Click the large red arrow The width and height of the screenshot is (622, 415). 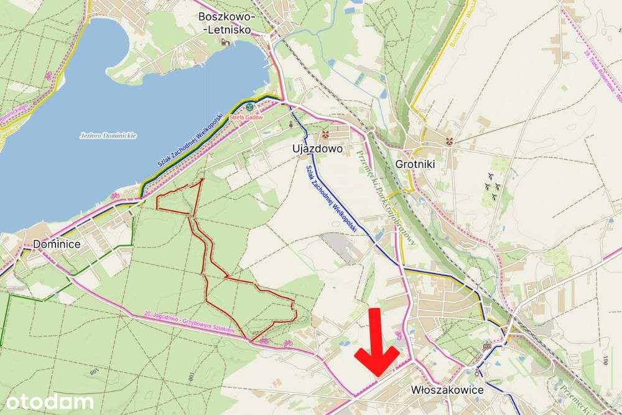[376, 346]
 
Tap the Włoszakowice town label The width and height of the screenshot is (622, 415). [447, 389]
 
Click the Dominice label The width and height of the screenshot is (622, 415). [57, 244]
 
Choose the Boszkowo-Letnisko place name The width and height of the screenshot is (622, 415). [225, 23]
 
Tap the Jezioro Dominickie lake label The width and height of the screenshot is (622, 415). [108, 135]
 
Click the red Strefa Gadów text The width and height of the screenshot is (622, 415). [246, 118]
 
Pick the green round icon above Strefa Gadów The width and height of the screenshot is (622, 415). [249, 107]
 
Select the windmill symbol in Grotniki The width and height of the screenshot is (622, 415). [447, 141]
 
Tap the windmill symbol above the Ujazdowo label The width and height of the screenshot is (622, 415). [325, 134]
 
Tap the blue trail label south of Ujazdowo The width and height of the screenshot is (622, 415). [331, 199]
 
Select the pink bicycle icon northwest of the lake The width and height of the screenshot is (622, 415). [49, 75]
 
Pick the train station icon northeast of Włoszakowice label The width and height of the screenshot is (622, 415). [488, 345]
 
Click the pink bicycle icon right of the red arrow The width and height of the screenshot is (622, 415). [399, 337]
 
